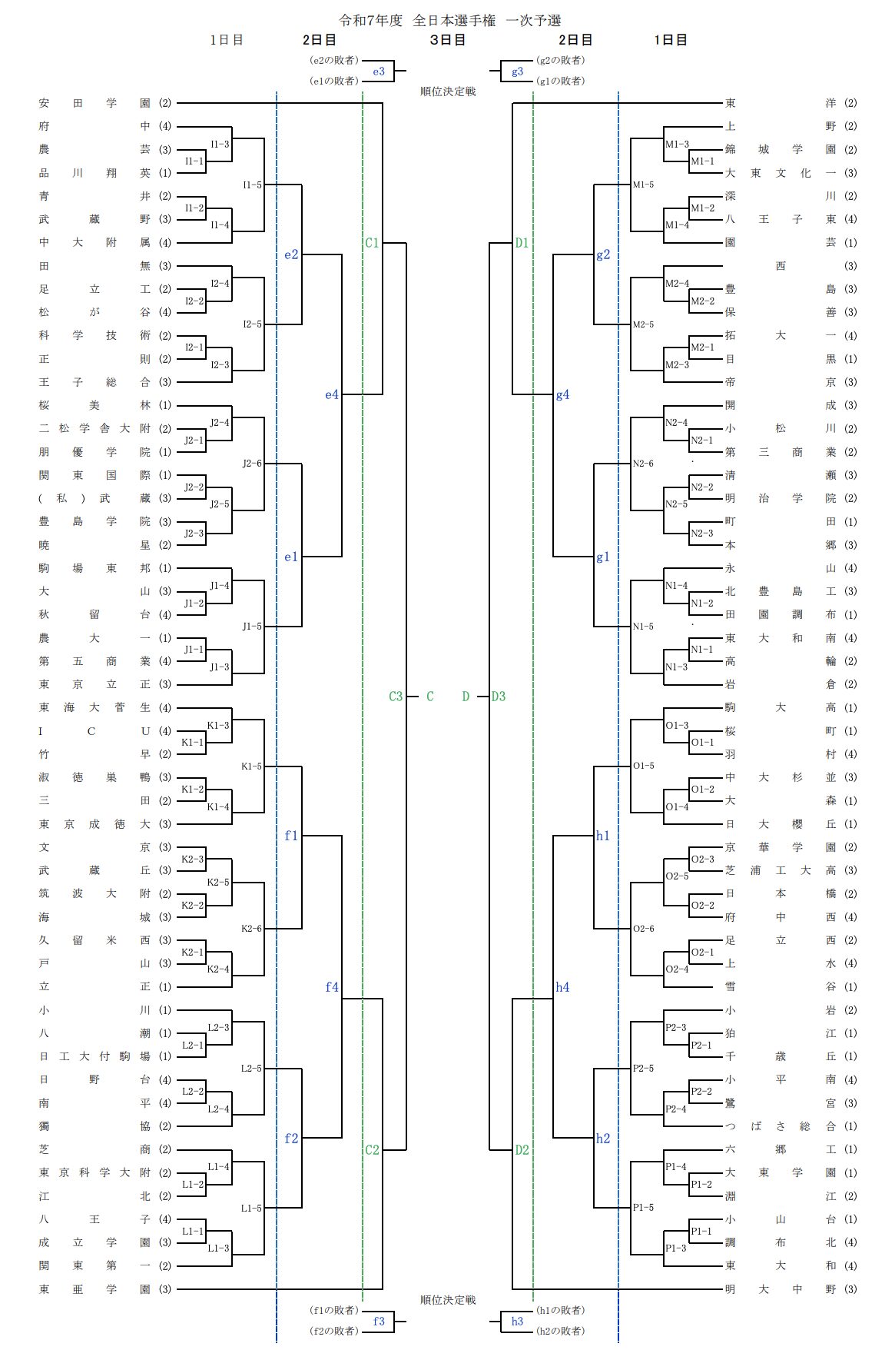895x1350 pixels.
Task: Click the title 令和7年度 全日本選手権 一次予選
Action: (x=450, y=21)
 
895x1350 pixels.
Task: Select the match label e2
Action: (x=291, y=254)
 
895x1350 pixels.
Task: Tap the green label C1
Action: (x=372, y=243)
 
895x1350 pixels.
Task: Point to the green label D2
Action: (x=522, y=1150)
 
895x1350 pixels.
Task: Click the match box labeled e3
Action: (x=379, y=71)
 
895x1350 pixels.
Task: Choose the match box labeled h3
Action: (x=517, y=1322)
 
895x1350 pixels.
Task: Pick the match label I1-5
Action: (x=252, y=185)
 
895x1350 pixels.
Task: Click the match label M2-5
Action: (x=643, y=324)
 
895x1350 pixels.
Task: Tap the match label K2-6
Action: (x=251, y=929)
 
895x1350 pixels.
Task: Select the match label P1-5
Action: (x=643, y=1208)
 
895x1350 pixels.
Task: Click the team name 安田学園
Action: (x=94, y=103)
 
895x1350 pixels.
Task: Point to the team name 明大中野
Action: (x=781, y=1289)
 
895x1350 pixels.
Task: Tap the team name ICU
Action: (x=94, y=731)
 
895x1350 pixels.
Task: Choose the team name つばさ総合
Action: (x=781, y=1126)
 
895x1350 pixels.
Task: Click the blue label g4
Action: (x=563, y=394)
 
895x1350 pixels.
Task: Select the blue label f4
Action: (x=332, y=987)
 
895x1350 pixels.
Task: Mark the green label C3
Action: (x=396, y=697)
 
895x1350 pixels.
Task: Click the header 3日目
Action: (x=448, y=40)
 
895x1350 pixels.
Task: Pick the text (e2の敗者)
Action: (x=333, y=60)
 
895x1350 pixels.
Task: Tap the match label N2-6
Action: (x=643, y=464)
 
